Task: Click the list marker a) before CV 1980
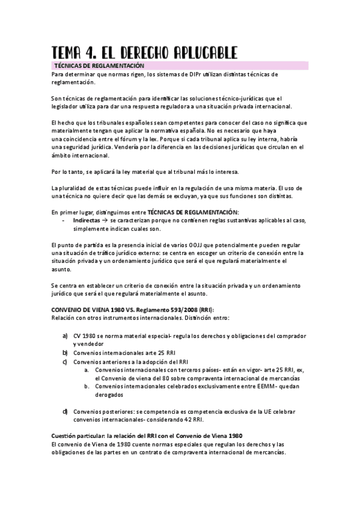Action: click(65, 335)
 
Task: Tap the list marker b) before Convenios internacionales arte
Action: click(65, 352)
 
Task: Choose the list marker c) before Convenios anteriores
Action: click(65, 361)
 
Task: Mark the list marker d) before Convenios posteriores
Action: click(65, 411)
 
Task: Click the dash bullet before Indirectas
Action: click(64, 221)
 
